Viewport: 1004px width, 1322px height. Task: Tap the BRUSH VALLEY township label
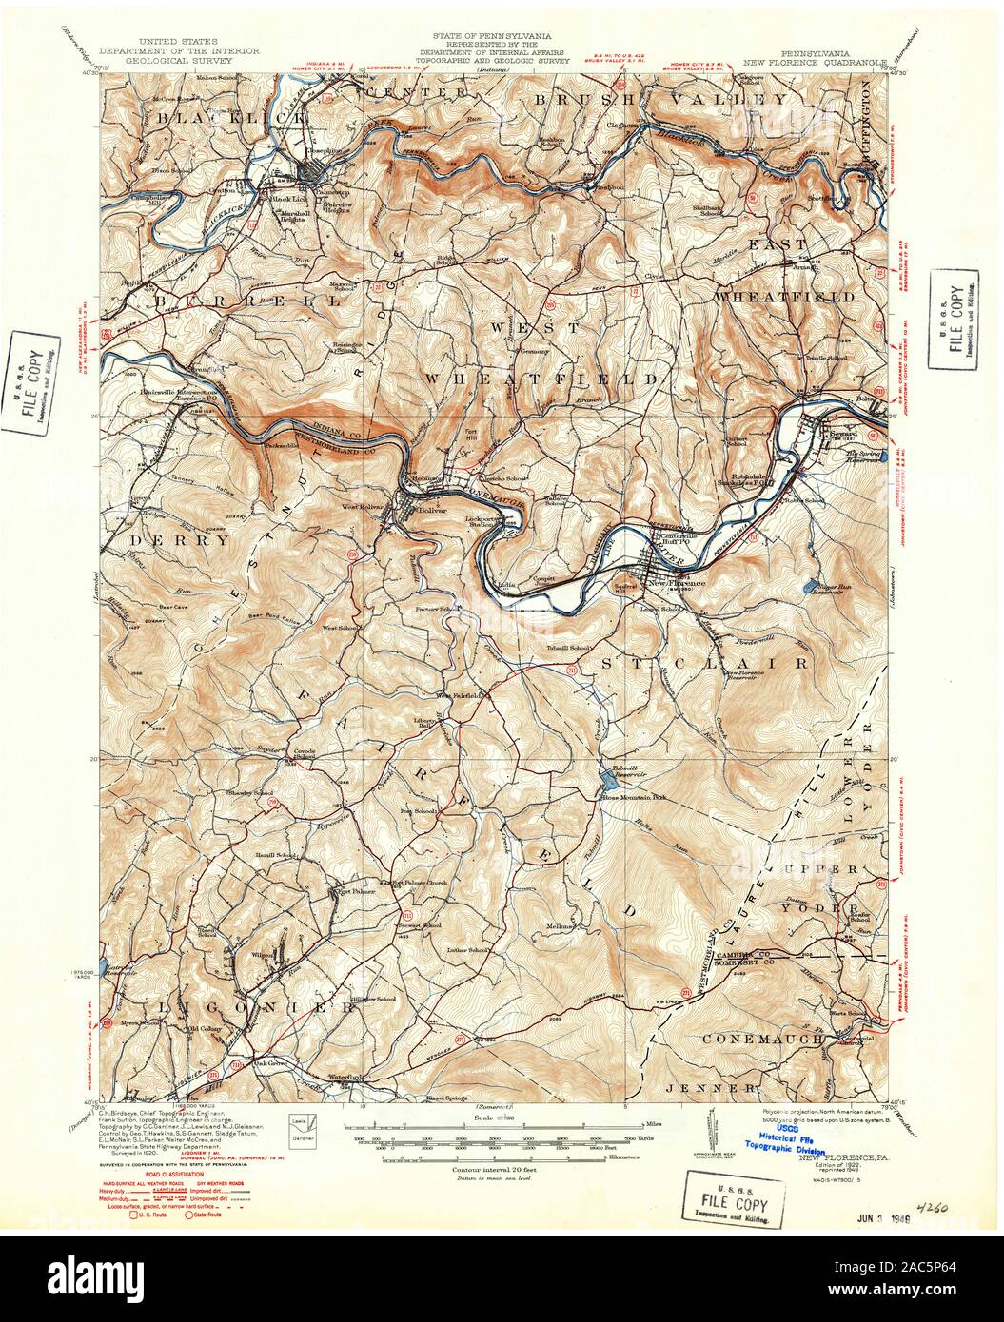[x=659, y=99]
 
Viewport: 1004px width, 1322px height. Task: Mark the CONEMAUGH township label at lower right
[x=763, y=1040]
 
